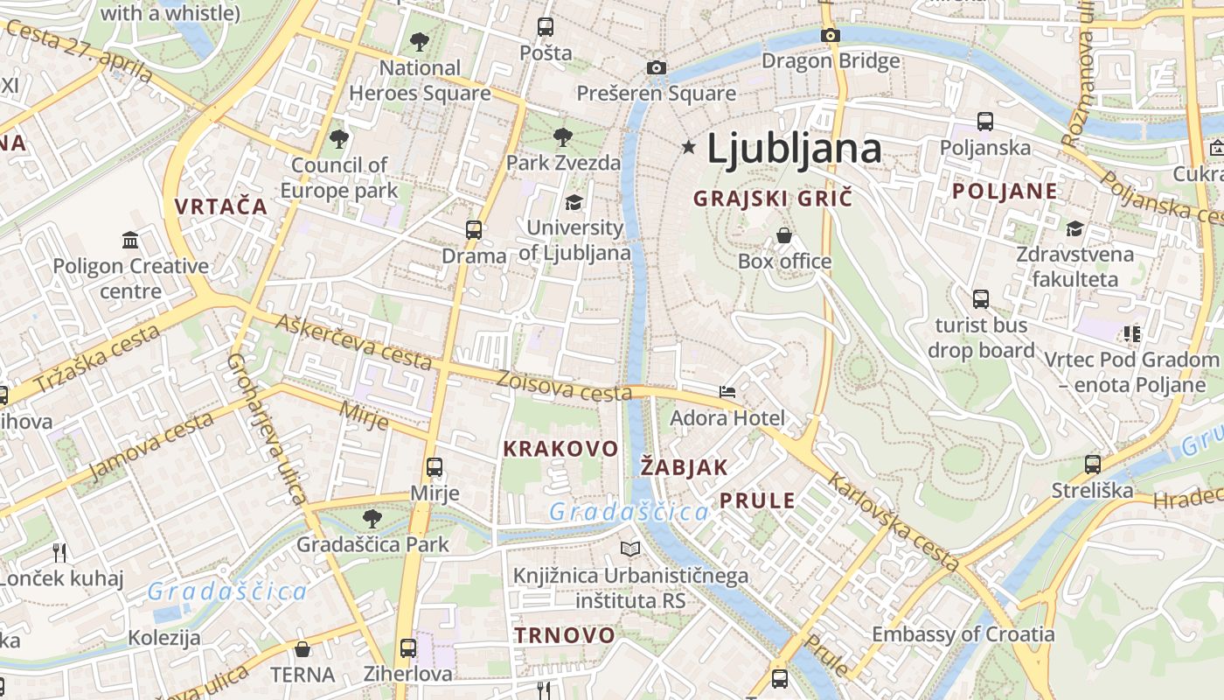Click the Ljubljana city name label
pos(794,148)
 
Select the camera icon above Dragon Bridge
pos(830,36)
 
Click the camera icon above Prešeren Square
pos(656,67)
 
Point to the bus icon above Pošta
pos(546,27)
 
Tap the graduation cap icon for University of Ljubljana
pos(574,203)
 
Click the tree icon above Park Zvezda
pos(563,137)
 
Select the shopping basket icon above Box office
pos(784,235)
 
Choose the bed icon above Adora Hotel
pos(727,392)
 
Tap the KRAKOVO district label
pos(560,449)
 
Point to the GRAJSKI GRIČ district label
pos(772,199)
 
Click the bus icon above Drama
pos(474,230)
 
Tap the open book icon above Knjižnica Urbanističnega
pos(629,549)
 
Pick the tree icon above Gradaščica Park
pos(372,519)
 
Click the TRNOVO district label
pos(564,635)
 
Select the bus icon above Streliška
pos(1092,465)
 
